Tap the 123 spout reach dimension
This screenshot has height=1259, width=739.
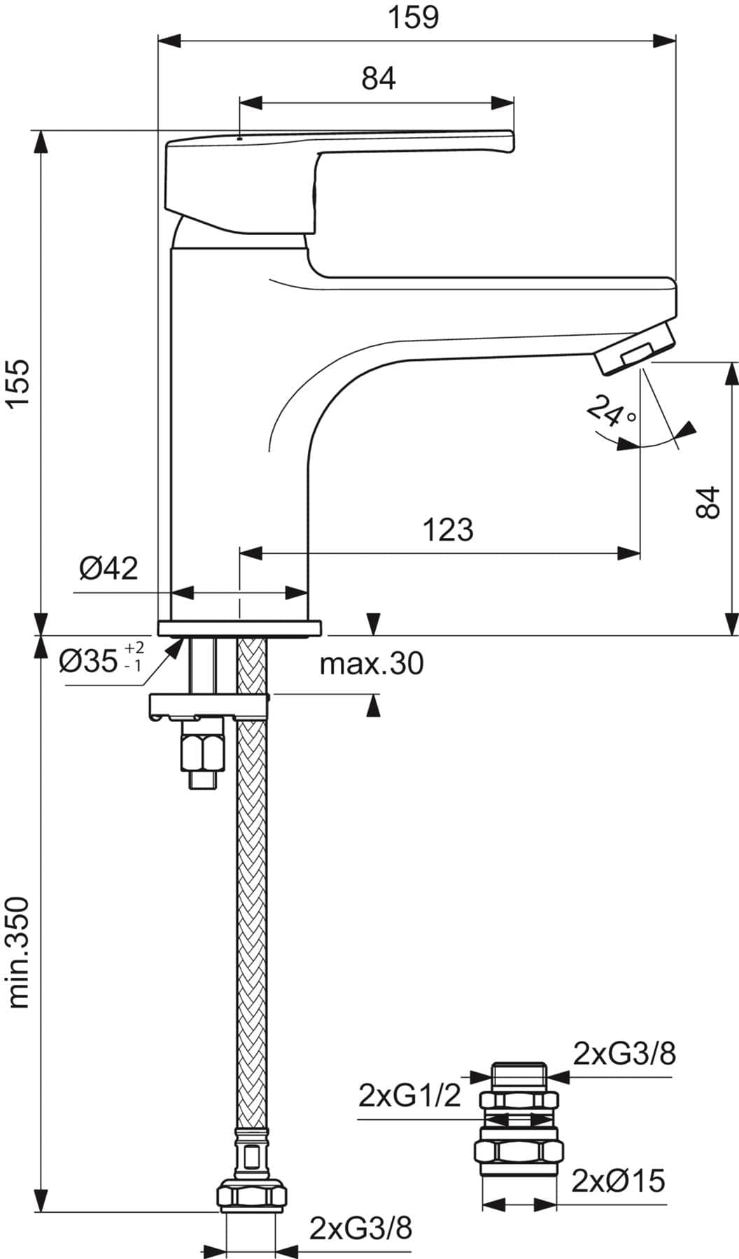pyautogui.click(x=448, y=529)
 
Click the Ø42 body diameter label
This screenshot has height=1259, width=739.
pyautogui.click(x=108, y=568)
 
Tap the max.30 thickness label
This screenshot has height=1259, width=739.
pyautogui.click(x=372, y=663)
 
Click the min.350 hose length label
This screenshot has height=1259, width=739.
pyautogui.click(x=19, y=953)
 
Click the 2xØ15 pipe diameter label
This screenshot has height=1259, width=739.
pyautogui.click(x=618, y=1181)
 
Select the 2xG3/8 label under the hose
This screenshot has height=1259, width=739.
pyautogui.click(x=361, y=1227)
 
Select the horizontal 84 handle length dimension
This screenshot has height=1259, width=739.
pyautogui.click(x=379, y=78)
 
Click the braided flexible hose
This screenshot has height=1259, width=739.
pyautogui.click(x=253, y=909)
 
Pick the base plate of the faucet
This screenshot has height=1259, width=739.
pyautogui.click(x=241, y=627)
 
